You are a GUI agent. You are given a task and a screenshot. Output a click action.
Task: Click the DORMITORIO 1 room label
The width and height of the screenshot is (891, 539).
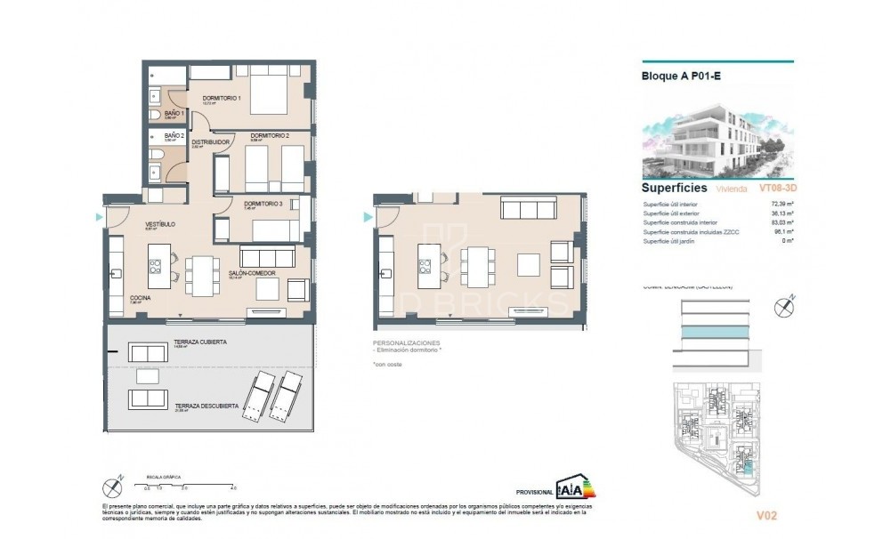coord(222,98)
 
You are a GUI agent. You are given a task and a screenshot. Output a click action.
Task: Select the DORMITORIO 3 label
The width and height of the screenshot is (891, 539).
coord(263,204)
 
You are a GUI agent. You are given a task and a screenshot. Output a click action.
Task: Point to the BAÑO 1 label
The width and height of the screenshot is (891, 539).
coord(174,114)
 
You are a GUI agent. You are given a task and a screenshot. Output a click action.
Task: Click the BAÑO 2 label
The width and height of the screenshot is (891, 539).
coord(174,135)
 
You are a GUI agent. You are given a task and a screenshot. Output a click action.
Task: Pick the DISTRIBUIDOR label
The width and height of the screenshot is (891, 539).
coord(211,142)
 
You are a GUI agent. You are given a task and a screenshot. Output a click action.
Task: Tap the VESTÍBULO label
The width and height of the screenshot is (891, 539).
coord(160,224)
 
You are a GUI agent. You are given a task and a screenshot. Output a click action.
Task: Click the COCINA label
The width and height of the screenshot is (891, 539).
coord(139,297)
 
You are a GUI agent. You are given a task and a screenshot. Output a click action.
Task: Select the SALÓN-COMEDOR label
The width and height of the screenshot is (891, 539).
coord(250,273)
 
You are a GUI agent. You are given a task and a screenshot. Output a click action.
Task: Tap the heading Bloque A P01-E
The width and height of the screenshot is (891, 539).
coord(681,76)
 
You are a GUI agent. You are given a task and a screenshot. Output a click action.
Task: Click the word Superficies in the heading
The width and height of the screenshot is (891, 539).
coord(674,189)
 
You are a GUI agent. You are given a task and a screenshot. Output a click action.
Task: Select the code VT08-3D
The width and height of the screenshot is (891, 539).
coord(776,189)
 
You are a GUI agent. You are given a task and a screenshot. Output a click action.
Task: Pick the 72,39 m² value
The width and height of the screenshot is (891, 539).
coord(781,205)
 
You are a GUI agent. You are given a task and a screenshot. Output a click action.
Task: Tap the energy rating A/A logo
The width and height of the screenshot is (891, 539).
coord(576,488)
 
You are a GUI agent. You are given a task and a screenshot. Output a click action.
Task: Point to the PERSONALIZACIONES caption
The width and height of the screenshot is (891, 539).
coord(406,343)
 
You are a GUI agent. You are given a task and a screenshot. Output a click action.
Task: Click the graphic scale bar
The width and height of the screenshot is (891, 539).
coord(190,484)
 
